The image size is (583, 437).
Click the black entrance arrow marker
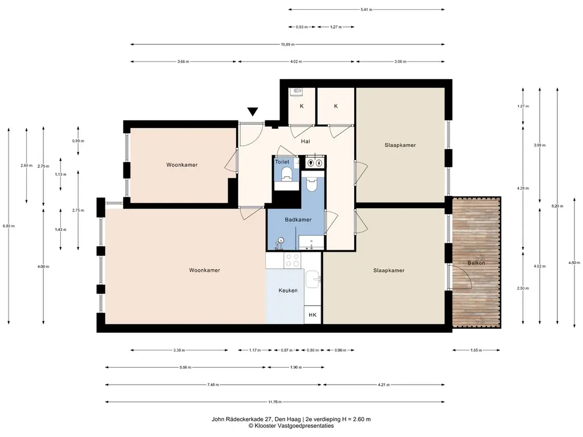pyautogui.click(x=253, y=112)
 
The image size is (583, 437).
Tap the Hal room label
pyautogui.click(x=306, y=141)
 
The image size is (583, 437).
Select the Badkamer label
pyautogui.click(x=298, y=220)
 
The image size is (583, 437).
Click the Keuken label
pyautogui.click(x=288, y=290)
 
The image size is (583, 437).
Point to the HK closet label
pyautogui.click(x=313, y=315)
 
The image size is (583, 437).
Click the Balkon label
pyautogui.click(x=477, y=263)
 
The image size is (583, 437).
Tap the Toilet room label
pyautogui.click(x=282, y=162)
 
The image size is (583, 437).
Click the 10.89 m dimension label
pyautogui.click(x=288, y=44)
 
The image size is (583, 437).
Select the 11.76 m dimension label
pyautogui.click(x=275, y=402)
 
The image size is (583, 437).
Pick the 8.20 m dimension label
pyautogui.click(x=557, y=206)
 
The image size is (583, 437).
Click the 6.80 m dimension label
pyautogui.click(x=9, y=226)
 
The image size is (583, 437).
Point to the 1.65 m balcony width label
pyautogui.click(x=476, y=350)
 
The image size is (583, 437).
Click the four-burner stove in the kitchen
pyautogui.click(x=292, y=260)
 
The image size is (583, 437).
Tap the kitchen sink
pyautogui.click(x=313, y=279)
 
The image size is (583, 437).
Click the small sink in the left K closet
pyautogui.click(x=297, y=90)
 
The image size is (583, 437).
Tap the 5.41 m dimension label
pyautogui.click(x=366, y=10)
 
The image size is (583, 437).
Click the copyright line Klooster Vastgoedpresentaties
pyautogui.click(x=291, y=426)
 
